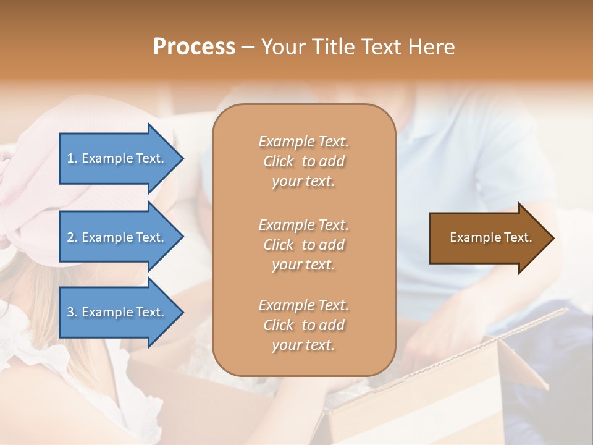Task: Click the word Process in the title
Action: (194, 47)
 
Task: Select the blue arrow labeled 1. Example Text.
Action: (117, 158)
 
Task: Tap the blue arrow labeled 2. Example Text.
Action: (117, 237)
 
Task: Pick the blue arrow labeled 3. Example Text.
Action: (117, 312)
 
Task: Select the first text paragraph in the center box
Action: (303, 161)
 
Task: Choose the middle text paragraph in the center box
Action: (303, 245)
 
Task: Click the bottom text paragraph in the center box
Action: (303, 325)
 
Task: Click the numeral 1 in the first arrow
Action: (70, 158)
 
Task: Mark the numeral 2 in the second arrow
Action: (70, 237)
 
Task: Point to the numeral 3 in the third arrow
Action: (70, 312)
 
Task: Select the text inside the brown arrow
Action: (490, 237)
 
